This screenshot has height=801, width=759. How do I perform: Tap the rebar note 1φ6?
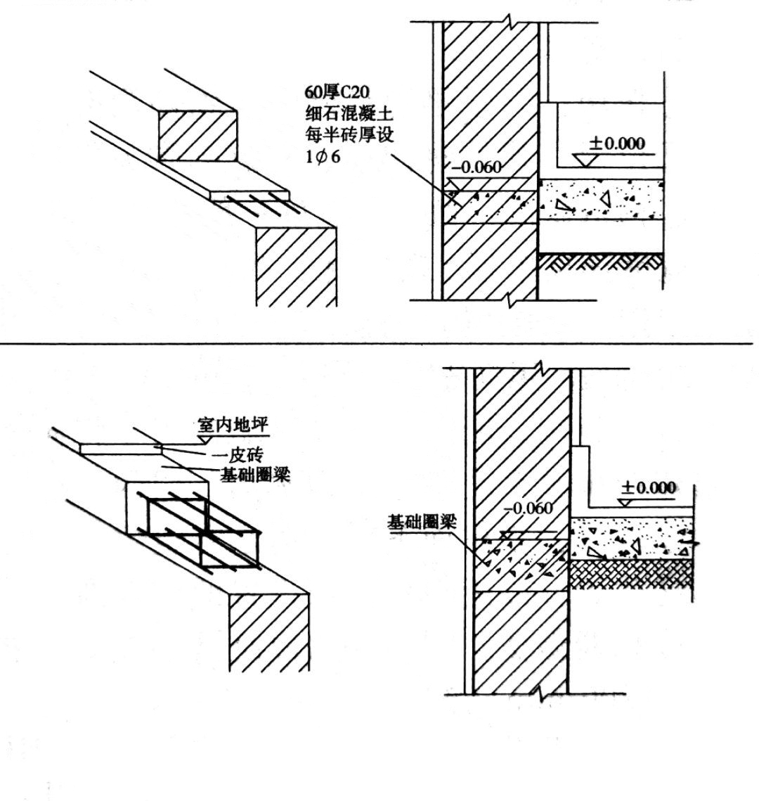(323, 157)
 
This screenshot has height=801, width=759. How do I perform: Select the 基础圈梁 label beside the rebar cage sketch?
(256, 476)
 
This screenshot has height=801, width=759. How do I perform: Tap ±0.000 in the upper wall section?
(616, 143)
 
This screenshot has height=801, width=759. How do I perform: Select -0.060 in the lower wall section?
(528, 508)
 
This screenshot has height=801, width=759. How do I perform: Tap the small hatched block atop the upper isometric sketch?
(197, 135)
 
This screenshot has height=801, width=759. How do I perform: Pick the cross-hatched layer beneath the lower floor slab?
(630, 574)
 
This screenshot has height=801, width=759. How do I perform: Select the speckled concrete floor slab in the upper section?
(601, 198)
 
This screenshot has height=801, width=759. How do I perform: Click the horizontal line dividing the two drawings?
(379, 342)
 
